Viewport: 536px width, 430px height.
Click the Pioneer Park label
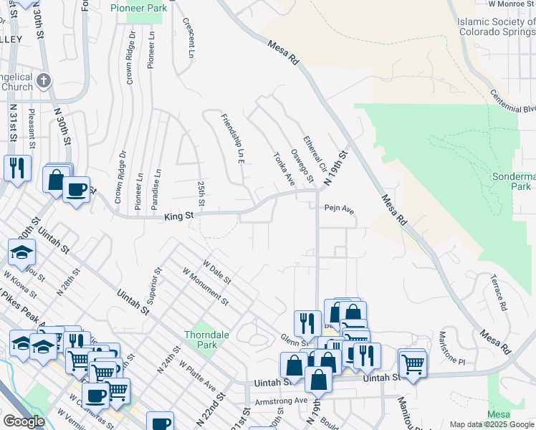coord(138,8)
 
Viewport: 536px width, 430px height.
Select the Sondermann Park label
coord(514,180)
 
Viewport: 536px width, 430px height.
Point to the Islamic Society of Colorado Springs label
coord(496,27)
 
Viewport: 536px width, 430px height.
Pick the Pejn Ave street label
coord(339,210)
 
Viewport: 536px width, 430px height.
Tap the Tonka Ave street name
coord(284,169)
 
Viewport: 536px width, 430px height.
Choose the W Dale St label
coord(216,273)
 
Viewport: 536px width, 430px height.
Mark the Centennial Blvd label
coord(514,101)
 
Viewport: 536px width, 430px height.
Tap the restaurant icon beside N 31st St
coord(16,168)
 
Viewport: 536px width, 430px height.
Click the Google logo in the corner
coord(24,421)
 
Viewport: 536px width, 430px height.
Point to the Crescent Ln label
coord(188,38)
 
